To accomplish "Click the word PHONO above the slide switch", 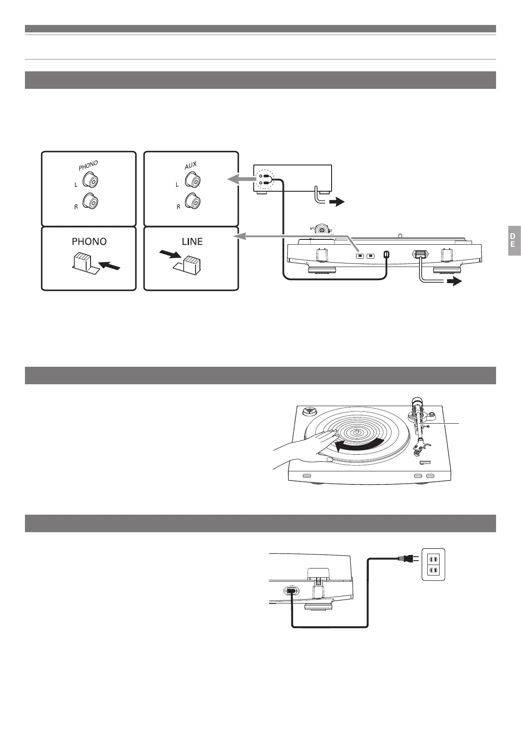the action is (89, 242).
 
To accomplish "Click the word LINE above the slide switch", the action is (192, 242).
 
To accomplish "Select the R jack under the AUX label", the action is (192, 202).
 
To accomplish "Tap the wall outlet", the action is (433, 565).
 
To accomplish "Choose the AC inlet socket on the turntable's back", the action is (290, 590).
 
